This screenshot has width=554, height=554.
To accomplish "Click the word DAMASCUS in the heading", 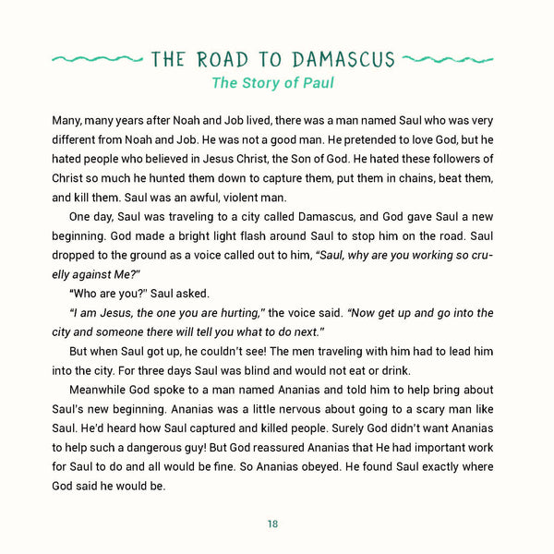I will point(343,60).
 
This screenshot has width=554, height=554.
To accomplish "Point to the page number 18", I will point(273,524).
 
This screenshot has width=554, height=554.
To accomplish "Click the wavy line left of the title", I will point(96,60).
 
